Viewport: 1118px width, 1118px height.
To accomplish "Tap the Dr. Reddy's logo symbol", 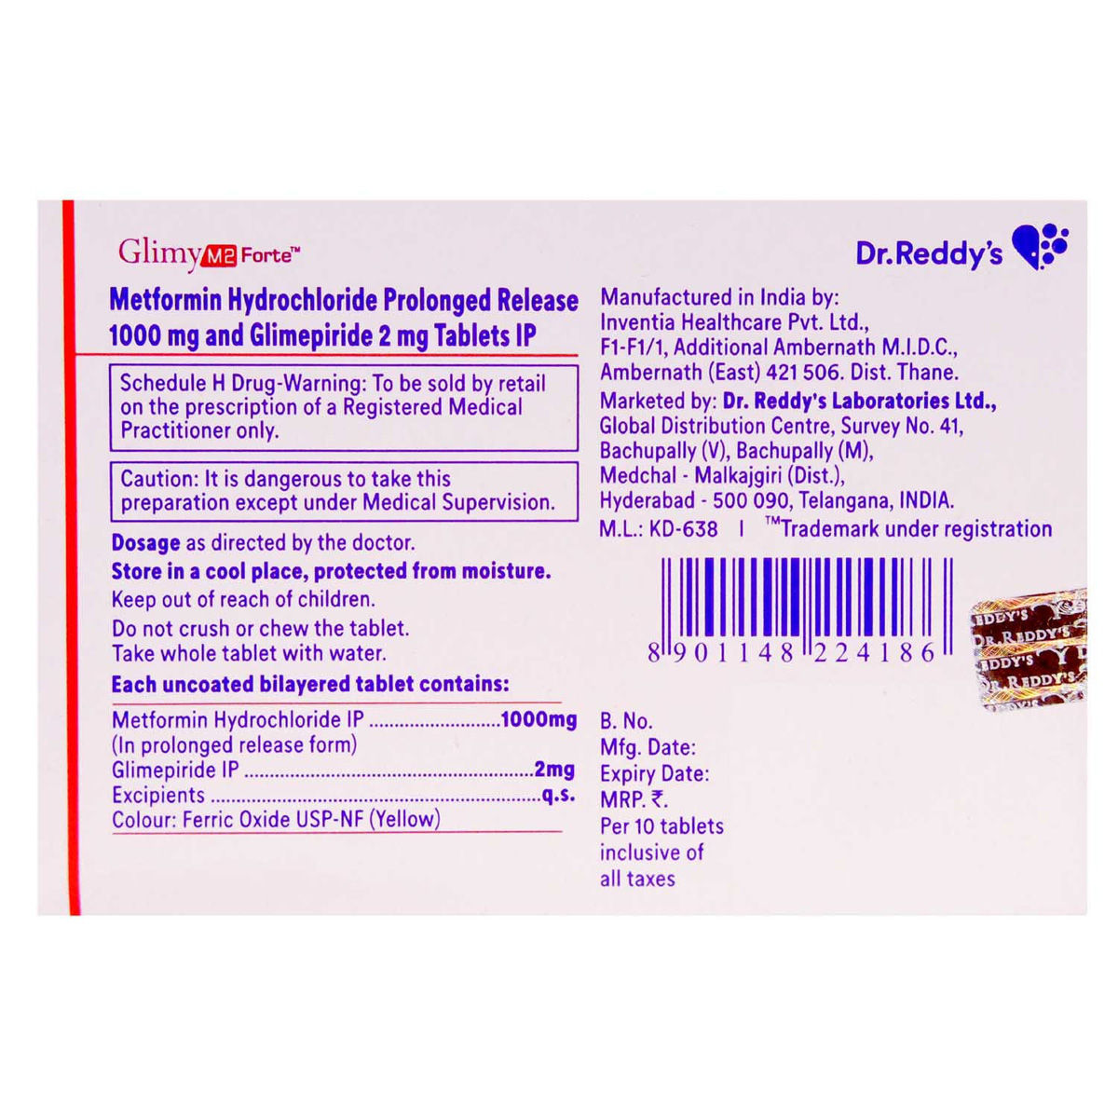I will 1040,247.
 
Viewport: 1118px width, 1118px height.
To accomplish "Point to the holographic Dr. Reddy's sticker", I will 1030,650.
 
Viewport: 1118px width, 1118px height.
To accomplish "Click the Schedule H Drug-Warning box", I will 344,407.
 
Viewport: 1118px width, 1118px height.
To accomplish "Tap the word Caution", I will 157,479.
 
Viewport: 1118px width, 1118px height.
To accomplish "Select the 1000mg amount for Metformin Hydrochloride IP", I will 539,719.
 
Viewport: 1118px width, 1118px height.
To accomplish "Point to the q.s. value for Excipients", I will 558,795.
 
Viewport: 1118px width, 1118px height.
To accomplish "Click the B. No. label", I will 626,721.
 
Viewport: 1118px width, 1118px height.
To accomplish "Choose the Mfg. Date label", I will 648,747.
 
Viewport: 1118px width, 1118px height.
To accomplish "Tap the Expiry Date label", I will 654,773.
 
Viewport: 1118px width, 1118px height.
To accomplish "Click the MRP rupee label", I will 634,799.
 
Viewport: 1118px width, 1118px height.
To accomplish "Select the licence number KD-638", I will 684,529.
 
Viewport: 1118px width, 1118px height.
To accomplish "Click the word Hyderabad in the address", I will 647,500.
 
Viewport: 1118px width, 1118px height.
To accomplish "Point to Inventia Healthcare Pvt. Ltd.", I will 734,322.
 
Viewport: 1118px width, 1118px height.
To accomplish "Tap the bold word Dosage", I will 145,542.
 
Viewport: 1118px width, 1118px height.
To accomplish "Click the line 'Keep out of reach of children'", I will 243,599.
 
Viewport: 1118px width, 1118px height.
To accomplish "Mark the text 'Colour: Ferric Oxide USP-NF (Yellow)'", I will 276,820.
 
